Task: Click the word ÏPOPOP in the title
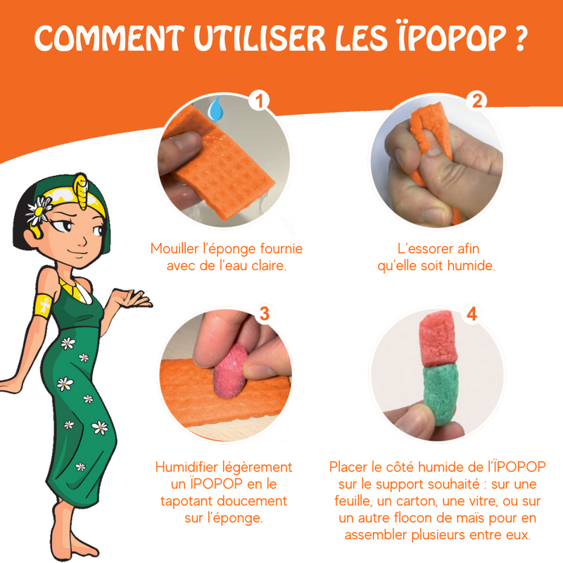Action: (x=453, y=37)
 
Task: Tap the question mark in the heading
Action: (x=521, y=38)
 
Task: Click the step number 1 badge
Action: (x=259, y=100)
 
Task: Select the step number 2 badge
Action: (x=476, y=100)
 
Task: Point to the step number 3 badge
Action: (x=265, y=313)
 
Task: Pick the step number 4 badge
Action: (x=472, y=313)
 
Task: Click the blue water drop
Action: (x=216, y=108)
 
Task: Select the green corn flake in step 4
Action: (x=441, y=394)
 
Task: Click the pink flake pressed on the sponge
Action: (x=231, y=372)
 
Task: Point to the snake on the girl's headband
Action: (x=81, y=190)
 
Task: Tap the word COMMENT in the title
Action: (x=109, y=38)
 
